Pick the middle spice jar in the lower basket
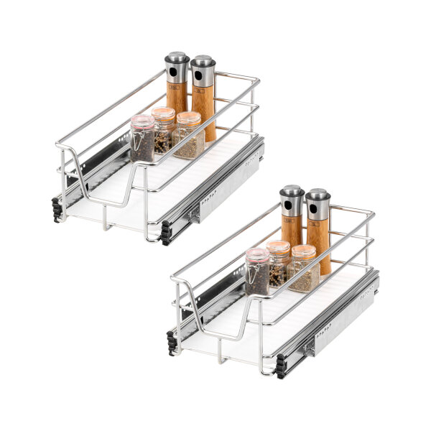click(x=279, y=263)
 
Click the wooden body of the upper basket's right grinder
click(x=204, y=108)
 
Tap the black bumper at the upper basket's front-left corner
click(x=57, y=209)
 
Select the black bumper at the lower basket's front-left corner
click(x=172, y=343)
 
